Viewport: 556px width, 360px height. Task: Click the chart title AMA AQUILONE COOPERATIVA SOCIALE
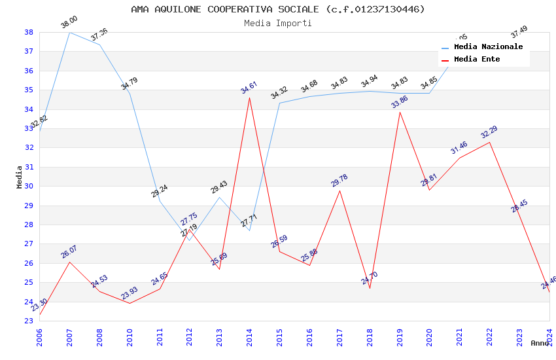point(278,9)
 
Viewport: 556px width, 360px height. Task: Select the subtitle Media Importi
point(278,23)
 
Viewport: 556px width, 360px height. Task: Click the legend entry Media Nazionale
point(488,47)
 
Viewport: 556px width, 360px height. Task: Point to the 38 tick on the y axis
point(29,32)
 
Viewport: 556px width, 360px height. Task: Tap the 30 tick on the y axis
point(29,186)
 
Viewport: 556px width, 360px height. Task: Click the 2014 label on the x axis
point(249,334)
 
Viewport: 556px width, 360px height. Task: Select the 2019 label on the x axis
point(400,334)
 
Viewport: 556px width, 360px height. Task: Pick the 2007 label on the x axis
point(69,334)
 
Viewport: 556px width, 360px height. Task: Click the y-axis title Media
point(20,177)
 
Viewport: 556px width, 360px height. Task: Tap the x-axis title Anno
point(540,343)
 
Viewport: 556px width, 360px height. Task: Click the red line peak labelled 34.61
point(249,98)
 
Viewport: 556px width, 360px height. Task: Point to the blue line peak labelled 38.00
point(69,32)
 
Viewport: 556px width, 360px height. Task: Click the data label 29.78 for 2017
point(339,181)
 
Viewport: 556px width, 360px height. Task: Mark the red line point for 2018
point(370,288)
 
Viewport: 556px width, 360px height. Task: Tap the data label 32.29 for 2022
point(489,132)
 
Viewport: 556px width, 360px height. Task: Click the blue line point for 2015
point(279,103)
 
